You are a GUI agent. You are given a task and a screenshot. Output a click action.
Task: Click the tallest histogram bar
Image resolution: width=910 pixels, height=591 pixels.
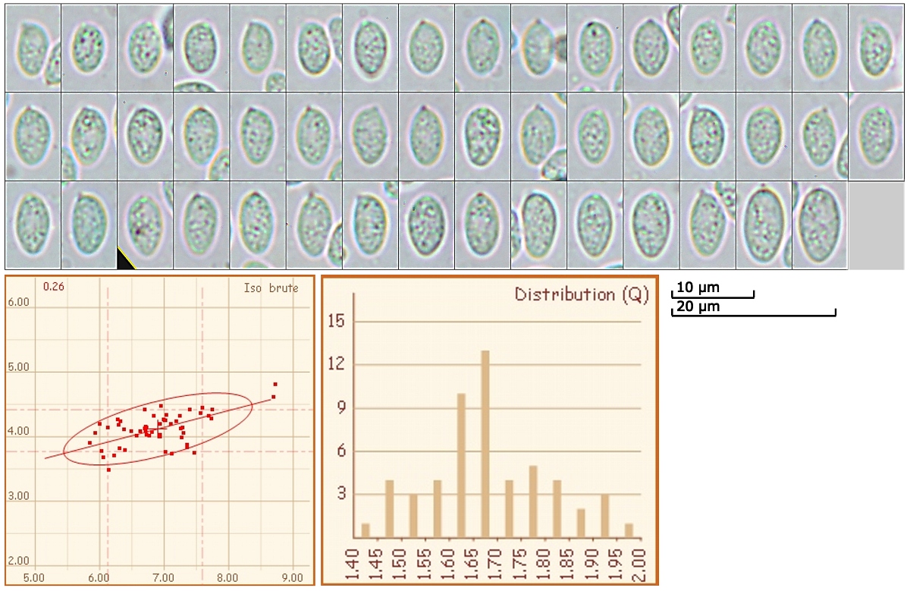click(x=485, y=455)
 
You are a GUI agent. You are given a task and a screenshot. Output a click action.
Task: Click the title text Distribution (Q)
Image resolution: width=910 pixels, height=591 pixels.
click(x=581, y=294)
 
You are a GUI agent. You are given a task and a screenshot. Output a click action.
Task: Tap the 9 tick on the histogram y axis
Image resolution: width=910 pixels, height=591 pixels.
click(x=339, y=408)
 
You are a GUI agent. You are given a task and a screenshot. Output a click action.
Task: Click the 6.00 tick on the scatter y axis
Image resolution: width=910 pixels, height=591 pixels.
click(x=18, y=302)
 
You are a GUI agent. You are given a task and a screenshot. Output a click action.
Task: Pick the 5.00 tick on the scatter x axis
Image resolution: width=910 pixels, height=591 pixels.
click(x=35, y=577)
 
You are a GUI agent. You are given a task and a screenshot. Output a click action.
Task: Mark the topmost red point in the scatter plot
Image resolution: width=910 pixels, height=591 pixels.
click(x=275, y=384)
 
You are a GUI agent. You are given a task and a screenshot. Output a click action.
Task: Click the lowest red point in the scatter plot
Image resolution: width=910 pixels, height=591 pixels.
click(x=108, y=470)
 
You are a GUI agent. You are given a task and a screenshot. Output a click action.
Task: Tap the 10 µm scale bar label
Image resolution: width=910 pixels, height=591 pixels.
click(x=697, y=288)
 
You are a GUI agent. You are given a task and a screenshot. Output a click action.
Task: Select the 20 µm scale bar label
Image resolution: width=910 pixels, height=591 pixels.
click(x=697, y=307)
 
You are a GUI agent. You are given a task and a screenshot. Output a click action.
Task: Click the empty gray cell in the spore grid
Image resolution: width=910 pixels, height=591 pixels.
click(x=876, y=225)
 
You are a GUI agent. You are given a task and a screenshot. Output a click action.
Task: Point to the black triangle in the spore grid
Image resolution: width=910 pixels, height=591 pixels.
click(x=124, y=261)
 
